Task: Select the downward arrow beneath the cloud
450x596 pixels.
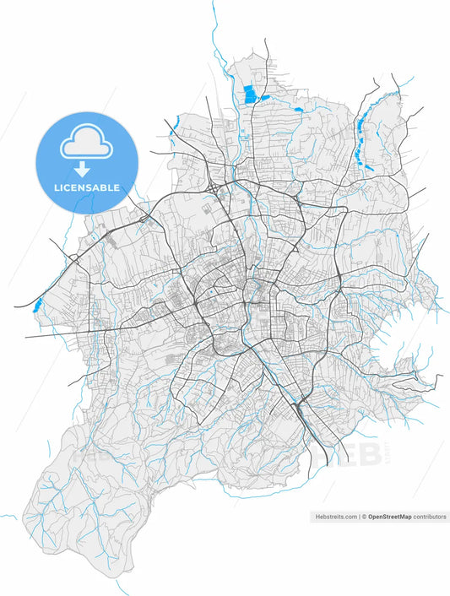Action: [84, 168]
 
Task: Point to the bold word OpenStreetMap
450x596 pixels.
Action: [389, 517]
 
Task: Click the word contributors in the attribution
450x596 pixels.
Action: [429, 517]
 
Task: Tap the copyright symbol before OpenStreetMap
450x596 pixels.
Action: [365, 517]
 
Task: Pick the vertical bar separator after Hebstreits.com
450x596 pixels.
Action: [359, 517]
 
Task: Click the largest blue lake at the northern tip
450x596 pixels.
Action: [249, 95]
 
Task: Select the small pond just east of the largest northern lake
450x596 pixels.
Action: [265, 97]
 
